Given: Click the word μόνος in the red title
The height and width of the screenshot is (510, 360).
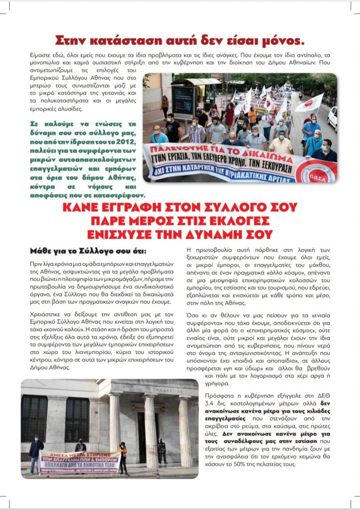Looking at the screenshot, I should coord(279,40).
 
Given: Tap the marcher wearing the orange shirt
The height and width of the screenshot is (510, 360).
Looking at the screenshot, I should coord(253,117).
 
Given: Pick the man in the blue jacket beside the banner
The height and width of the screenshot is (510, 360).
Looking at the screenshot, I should coord(35,454).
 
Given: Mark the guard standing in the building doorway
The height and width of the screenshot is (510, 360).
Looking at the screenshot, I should coord(161,451).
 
